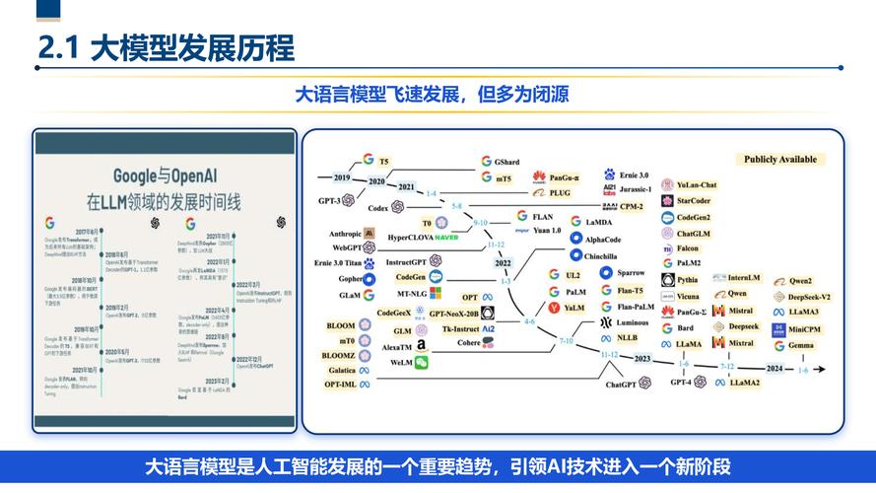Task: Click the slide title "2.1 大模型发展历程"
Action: tap(166, 48)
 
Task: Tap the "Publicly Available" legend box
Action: tap(779, 159)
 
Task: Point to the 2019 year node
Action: tap(342, 177)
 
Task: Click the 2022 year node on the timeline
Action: tap(503, 263)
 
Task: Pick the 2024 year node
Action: tap(774, 369)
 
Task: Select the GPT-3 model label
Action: tap(329, 200)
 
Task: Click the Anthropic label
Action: tap(338, 234)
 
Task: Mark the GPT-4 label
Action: tap(681, 382)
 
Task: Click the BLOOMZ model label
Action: tap(339, 355)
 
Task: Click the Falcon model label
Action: tap(687, 248)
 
